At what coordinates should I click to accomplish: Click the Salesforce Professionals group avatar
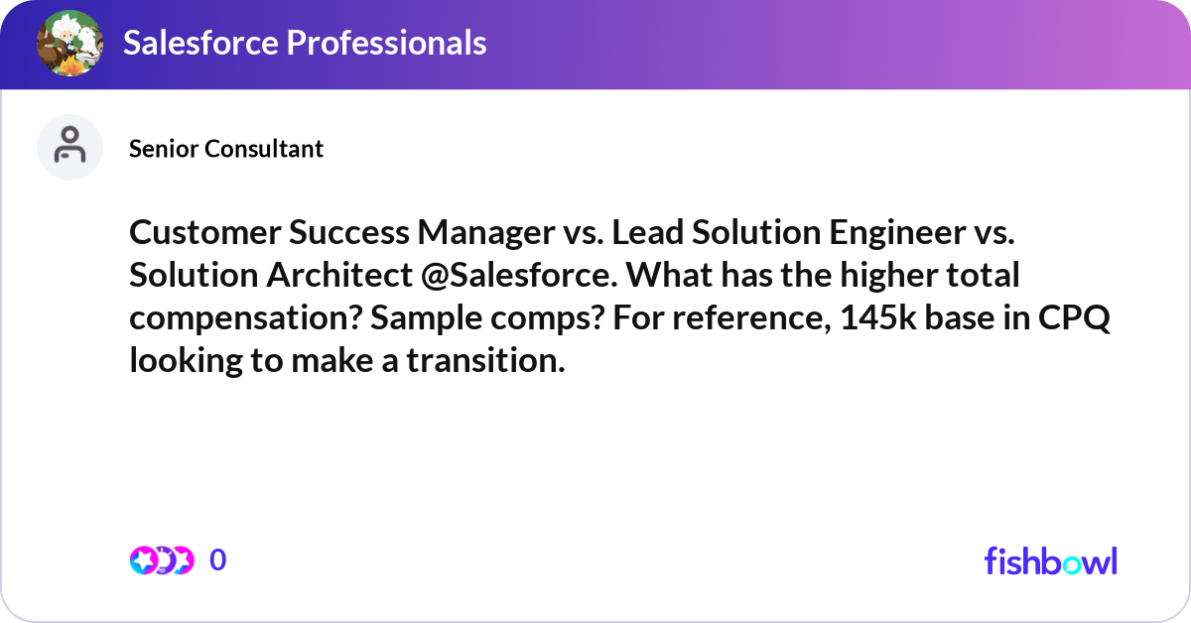point(70,44)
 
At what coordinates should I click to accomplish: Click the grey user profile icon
point(69,147)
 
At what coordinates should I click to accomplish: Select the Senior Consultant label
point(226,149)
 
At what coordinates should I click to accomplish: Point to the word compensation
point(231,318)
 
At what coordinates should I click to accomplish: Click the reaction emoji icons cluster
point(162,561)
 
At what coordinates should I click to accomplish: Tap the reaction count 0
point(218,561)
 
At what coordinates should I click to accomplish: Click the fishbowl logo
point(1050,561)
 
